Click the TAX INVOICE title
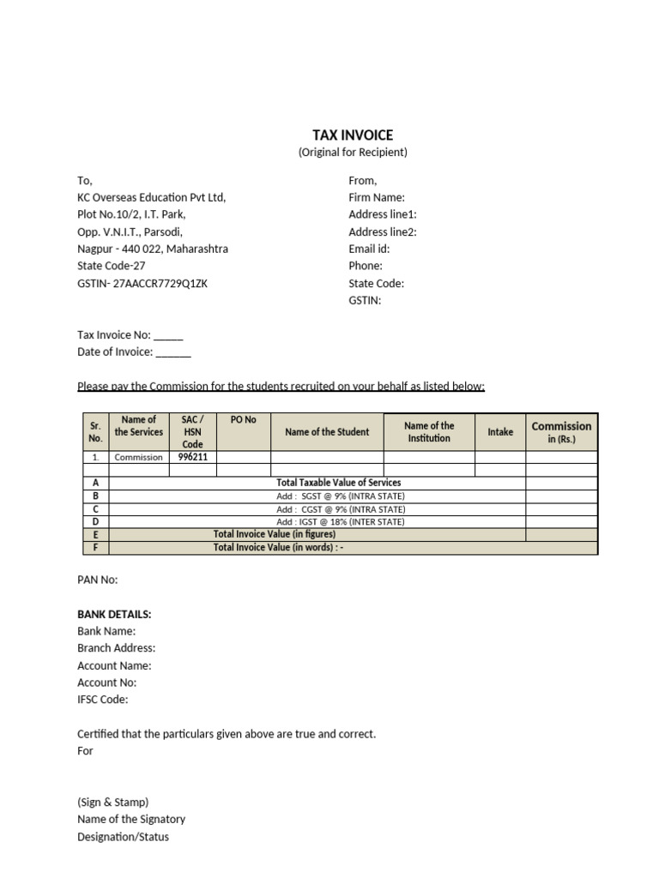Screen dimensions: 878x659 [353, 135]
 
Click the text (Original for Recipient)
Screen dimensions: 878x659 [353, 153]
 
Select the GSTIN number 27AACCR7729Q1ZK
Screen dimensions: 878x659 [160, 283]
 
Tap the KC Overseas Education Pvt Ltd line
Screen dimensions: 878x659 [151, 197]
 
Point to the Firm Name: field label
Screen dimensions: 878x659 [377, 197]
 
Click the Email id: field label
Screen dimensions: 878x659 [369, 249]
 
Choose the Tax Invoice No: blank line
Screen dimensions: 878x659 [168, 335]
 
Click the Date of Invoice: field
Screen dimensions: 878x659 [134, 352]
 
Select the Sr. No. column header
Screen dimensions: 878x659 [95, 431]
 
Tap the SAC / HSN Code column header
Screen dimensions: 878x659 [192, 431]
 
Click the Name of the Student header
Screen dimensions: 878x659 [327, 432]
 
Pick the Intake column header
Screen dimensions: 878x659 [500, 432]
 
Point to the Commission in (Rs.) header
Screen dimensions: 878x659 [561, 432]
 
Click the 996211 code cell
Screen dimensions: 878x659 [192, 457]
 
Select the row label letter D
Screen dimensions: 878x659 [95, 521]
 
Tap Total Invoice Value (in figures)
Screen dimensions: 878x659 [275, 534]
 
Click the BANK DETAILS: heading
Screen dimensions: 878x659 [114, 614]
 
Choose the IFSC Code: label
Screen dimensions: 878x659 [102, 700]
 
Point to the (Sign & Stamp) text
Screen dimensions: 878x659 [112, 803]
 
